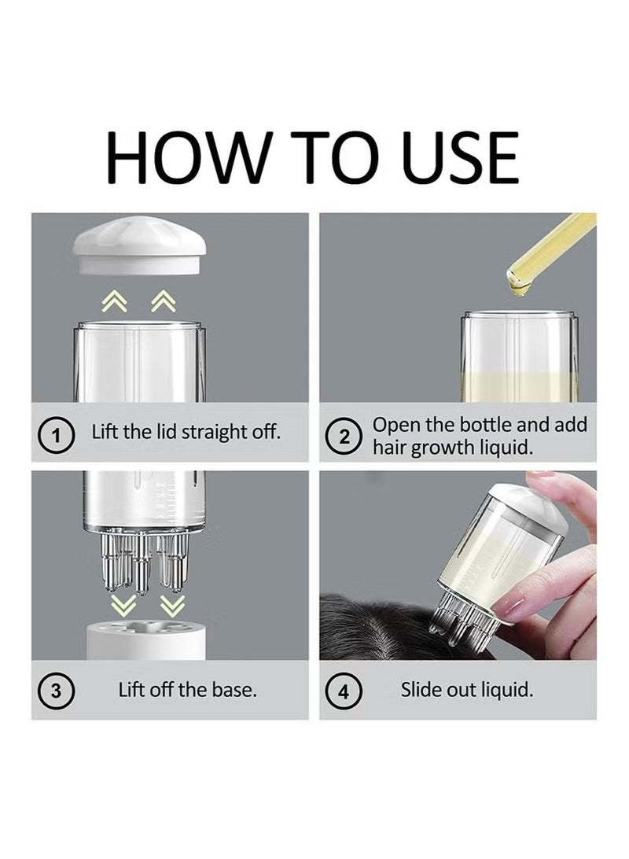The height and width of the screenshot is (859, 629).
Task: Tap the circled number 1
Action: tap(56, 436)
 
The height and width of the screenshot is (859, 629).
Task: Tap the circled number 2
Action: tap(344, 437)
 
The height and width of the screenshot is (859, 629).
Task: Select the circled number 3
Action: tap(56, 691)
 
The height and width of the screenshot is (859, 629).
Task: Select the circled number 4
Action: tap(344, 692)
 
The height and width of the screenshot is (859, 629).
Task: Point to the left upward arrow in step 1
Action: tap(115, 301)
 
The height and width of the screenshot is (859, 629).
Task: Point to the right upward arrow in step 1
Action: tap(163, 301)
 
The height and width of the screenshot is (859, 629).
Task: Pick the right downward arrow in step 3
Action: tap(172, 606)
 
